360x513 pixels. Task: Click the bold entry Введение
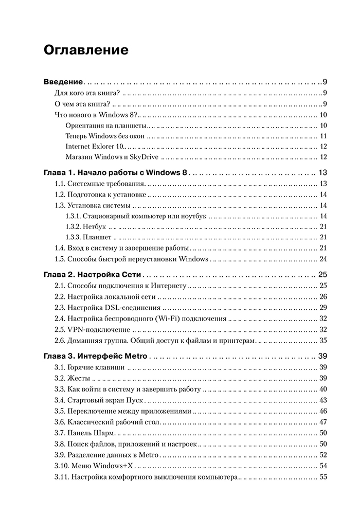click(x=64, y=82)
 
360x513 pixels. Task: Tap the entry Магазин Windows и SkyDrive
click(x=113, y=157)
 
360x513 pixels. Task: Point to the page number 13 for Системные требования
click(x=323, y=184)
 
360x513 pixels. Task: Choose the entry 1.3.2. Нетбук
click(x=86, y=226)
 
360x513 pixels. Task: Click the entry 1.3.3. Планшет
click(x=88, y=237)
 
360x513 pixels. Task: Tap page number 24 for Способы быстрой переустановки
click(x=323, y=259)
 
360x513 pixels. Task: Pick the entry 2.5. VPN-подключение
click(x=93, y=329)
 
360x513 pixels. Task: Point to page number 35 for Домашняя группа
click(x=323, y=340)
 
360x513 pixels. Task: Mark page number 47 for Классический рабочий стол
click(x=323, y=422)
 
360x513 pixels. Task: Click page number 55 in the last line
click(x=323, y=477)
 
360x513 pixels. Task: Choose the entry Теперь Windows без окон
click(x=105, y=136)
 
